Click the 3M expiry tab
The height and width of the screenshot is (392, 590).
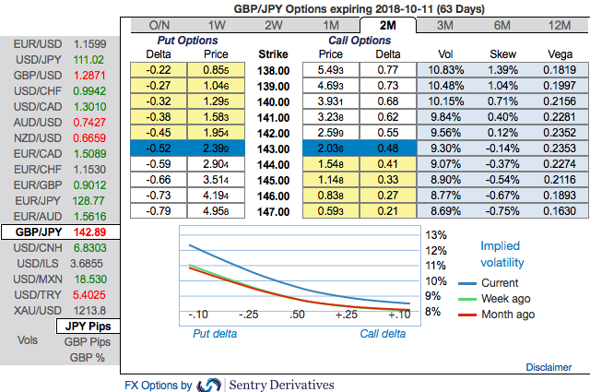coord(443,24)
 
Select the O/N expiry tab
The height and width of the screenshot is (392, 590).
coord(159,24)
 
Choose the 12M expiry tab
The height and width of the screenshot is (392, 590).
coord(558,24)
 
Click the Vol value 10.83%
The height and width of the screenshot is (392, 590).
coord(445,69)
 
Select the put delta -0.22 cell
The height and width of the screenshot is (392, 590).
coord(159,69)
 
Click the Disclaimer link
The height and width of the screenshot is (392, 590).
coord(549,367)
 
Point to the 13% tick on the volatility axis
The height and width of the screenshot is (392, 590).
coord(437,234)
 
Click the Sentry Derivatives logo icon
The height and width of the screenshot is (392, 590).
coord(209,385)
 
